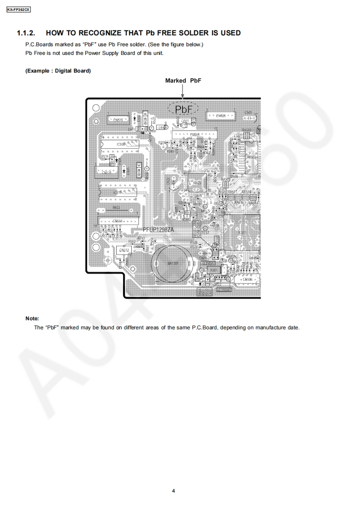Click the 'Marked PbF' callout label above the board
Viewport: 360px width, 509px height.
(183, 80)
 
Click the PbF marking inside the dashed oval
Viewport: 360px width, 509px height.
(183, 109)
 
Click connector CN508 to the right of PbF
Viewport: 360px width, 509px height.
(221, 117)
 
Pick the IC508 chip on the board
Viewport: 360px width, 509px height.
(121, 144)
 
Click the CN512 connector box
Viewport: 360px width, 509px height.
(124, 250)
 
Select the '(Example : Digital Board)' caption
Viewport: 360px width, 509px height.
(58, 71)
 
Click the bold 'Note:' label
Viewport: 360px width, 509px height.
(32, 318)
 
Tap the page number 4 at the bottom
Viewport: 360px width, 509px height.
(174, 490)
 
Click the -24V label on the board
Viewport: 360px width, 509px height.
(161, 128)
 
